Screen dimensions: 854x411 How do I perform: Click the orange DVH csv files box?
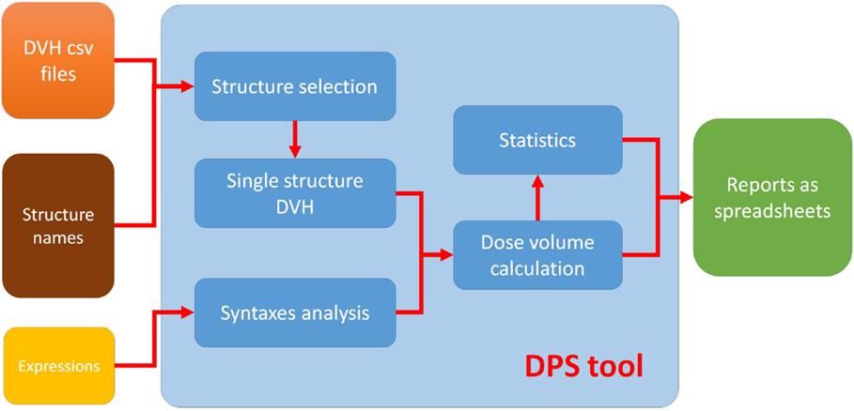[x=58, y=60]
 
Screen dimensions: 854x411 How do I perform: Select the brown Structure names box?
[x=58, y=225]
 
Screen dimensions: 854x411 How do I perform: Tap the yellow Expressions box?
[x=58, y=366]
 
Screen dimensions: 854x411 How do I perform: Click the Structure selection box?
[x=295, y=86]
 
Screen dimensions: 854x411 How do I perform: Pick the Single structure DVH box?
[x=295, y=193]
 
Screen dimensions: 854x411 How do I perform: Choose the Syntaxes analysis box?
[x=295, y=312]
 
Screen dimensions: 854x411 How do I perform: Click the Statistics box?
[x=537, y=140]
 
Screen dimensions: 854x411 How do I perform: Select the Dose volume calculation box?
[x=537, y=254]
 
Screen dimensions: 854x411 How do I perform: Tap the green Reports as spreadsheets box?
[x=771, y=197]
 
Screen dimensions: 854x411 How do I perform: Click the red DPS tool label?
[x=583, y=366]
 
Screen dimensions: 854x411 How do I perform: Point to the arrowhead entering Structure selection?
[x=187, y=86]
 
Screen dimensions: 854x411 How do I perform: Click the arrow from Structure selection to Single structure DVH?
[x=295, y=140]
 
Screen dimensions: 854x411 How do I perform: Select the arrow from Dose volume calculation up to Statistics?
[x=537, y=197]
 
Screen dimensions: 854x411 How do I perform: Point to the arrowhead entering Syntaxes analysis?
[x=187, y=312]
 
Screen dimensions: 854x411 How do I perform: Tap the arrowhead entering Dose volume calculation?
[x=446, y=254]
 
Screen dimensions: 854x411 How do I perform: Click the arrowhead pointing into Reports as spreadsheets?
[x=686, y=197]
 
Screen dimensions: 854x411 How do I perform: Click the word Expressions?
[x=58, y=366]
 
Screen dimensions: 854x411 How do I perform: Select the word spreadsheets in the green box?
[x=772, y=210]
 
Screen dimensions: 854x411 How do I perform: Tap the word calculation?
[x=537, y=267]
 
